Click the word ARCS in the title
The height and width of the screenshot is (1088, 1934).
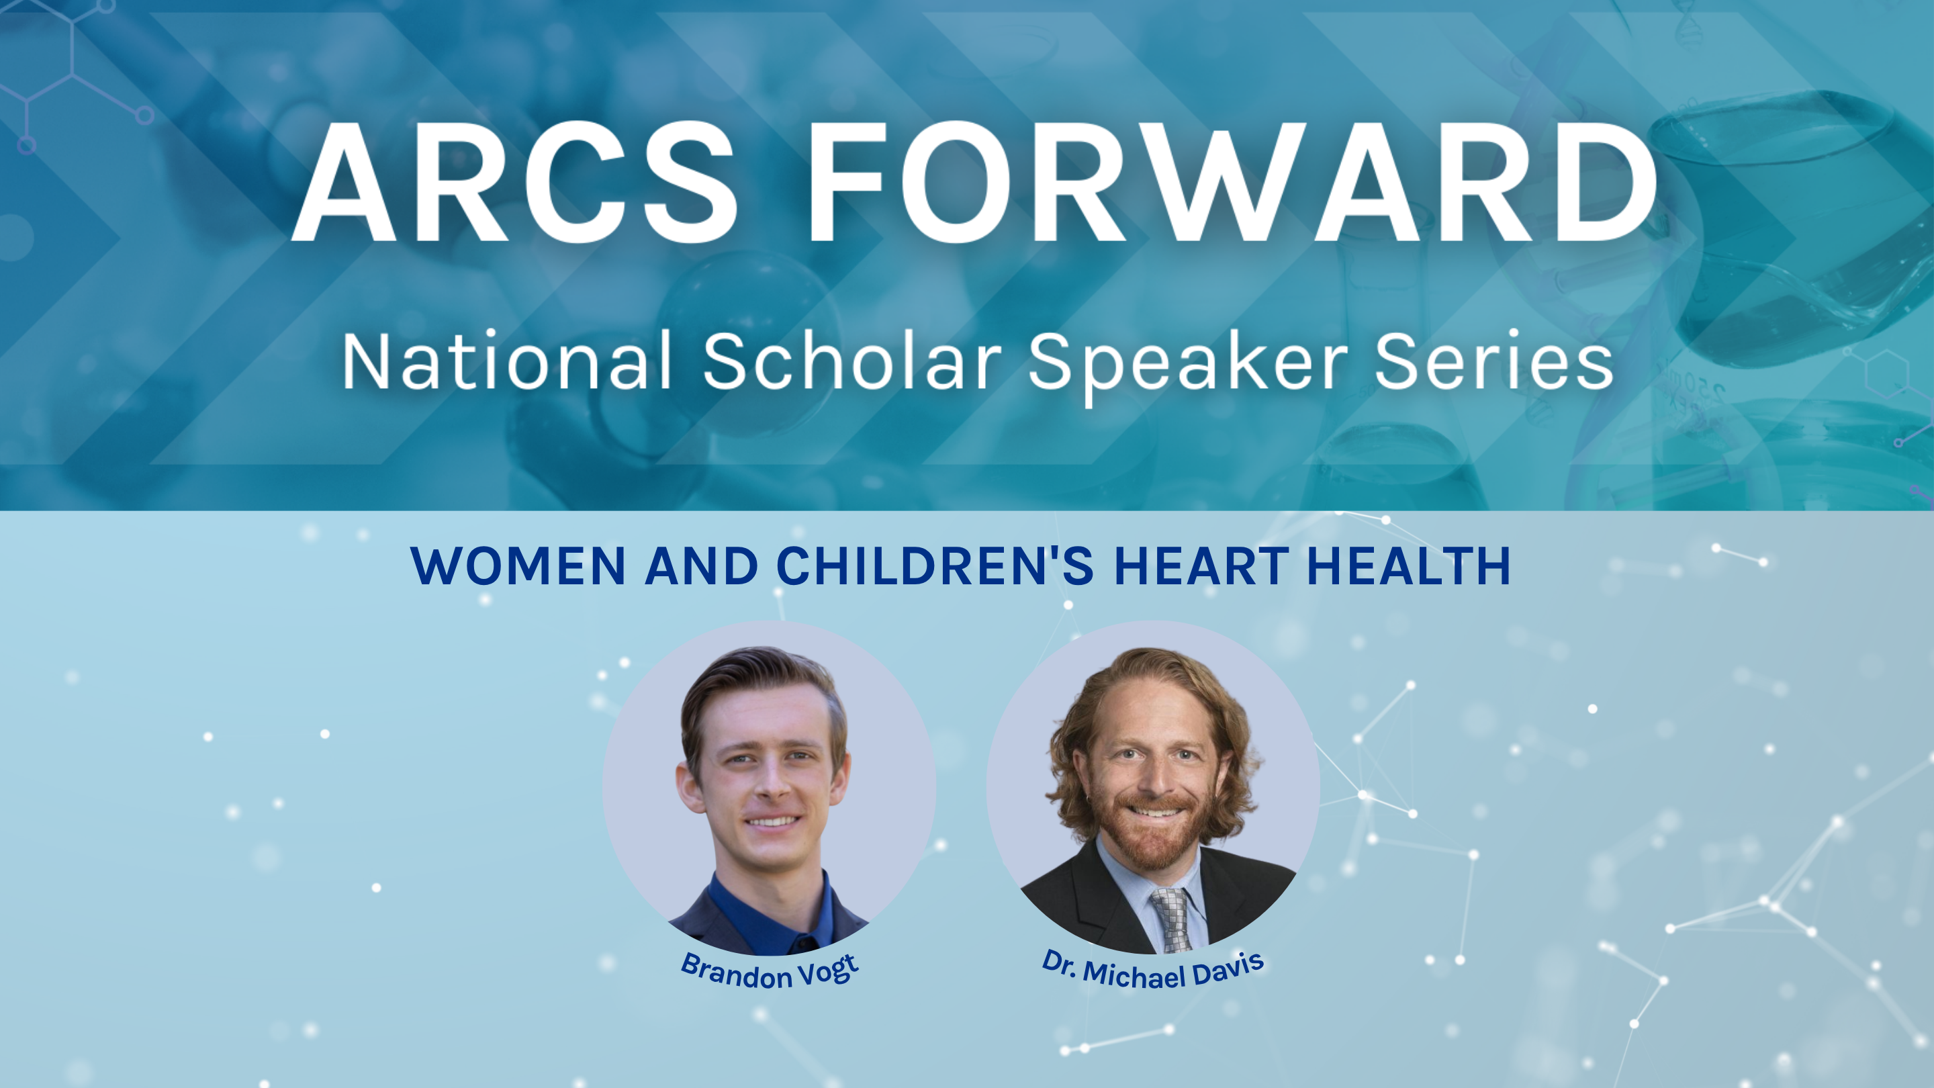click(x=515, y=182)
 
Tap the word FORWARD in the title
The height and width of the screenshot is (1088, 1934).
click(x=1232, y=182)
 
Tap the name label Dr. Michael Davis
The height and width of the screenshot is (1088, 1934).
click(x=1153, y=971)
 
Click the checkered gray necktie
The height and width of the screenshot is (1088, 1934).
click(x=1173, y=920)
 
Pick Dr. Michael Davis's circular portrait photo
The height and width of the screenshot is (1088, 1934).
click(x=1153, y=787)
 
